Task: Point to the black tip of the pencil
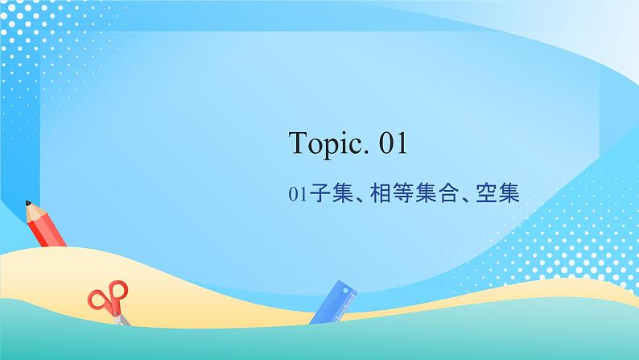(x=27, y=203)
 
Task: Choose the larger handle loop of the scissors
(x=117, y=291)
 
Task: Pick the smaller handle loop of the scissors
(x=98, y=300)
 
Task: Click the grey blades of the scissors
(x=121, y=318)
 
